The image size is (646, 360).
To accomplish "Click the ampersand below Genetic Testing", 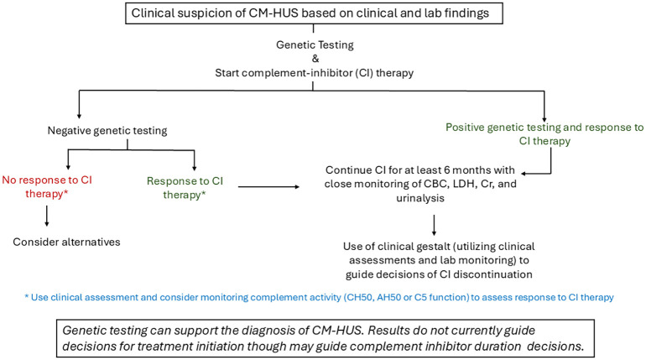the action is (315, 59).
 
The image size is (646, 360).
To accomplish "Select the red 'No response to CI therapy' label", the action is (47, 186).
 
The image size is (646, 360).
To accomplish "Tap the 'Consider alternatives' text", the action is (66, 242).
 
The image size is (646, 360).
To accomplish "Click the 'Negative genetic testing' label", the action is (107, 131).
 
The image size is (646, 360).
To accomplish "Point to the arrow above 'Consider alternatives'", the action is (46, 216).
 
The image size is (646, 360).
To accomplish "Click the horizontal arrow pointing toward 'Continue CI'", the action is (268, 187).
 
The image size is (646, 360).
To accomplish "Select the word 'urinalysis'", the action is (420, 198).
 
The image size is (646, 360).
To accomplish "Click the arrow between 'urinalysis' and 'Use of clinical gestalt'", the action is (434, 225).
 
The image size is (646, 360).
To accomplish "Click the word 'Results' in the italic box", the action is (388, 331).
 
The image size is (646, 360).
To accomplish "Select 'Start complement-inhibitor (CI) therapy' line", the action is (314, 73).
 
